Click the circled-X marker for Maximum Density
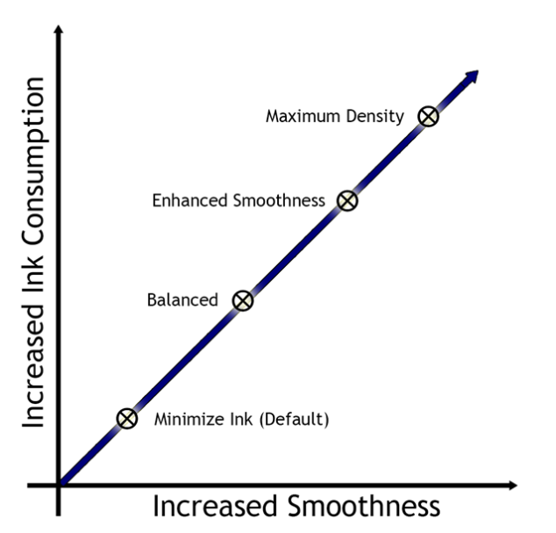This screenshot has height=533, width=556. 427,117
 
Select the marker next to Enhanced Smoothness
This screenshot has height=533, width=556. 348,200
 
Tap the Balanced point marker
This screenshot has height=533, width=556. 243,300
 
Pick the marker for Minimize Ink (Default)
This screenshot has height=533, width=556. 128,418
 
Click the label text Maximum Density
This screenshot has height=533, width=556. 334,116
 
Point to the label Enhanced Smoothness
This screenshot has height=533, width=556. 239,200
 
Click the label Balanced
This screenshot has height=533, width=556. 182,300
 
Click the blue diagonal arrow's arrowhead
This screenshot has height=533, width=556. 473,74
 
